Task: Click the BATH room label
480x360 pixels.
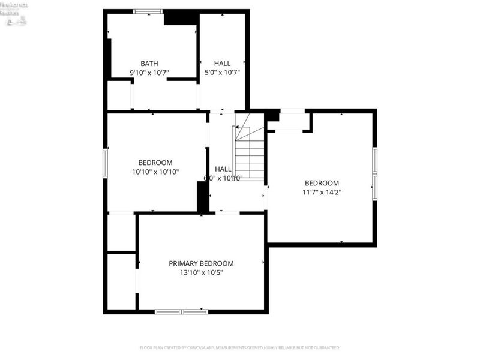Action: click(x=149, y=64)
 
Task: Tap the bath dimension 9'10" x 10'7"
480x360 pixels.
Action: click(x=149, y=73)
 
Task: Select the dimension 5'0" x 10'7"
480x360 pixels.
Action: click(x=222, y=73)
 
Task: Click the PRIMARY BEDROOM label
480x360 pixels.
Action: click(x=201, y=263)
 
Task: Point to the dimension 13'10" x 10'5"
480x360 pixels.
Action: click(x=201, y=272)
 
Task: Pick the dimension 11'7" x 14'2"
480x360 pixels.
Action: click(x=322, y=193)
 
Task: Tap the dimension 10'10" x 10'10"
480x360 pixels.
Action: click(x=155, y=172)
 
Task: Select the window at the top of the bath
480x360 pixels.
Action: click(x=148, y=11)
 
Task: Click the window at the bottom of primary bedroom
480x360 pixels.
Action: click(x=181, y=311)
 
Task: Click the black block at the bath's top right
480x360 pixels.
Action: click(x=181, y=18)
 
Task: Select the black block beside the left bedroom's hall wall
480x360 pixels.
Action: click(x=203, y=196)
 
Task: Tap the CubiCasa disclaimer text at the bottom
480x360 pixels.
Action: click(x=239, y=347)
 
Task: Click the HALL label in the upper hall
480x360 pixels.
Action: click(x=222, y=64)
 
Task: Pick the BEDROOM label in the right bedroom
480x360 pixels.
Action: click(x=322, y=184)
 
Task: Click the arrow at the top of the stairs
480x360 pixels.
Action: click(x=238, y=128)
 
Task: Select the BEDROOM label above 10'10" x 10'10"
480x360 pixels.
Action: click(x=155, y=163)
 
